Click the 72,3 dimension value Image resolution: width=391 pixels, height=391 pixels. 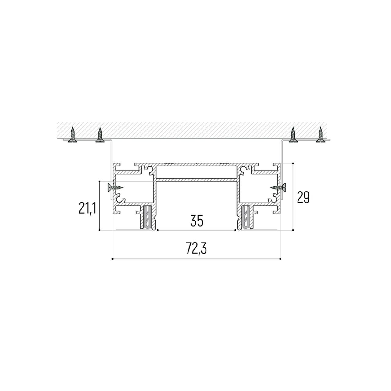tap(196, 249)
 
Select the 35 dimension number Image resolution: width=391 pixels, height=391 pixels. tap(197, 221)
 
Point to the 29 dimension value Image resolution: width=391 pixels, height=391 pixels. tap(303, 197)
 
